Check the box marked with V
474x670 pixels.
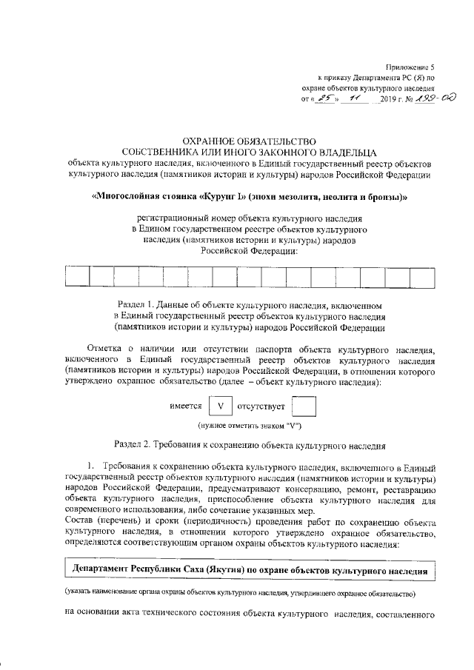tap(219, 406)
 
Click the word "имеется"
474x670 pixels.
tap(186, 406)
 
